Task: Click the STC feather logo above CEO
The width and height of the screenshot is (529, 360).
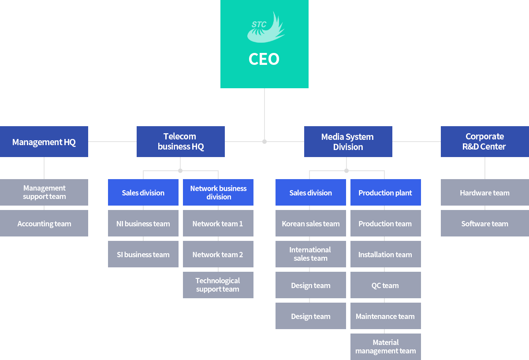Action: click(266, 27)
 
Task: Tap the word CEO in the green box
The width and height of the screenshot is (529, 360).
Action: click(264, 59)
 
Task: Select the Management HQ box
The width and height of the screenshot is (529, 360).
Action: click(44, 142)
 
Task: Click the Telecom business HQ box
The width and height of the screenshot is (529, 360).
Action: click(181, 142)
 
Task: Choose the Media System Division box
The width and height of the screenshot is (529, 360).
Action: click(348, 142)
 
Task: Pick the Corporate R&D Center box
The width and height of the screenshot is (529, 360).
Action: click(485, 142)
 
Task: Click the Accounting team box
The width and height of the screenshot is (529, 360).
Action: click(44, 223)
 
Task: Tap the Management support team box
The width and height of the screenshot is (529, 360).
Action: click(44, 192)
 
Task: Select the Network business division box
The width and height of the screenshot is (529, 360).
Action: click(218, 192)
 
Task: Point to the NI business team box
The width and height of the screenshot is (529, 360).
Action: click(143, 223)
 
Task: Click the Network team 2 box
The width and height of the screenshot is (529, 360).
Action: click(218, 254)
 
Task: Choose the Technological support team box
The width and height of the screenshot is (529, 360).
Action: click(218, 285)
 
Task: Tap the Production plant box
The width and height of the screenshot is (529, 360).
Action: click(386, 192)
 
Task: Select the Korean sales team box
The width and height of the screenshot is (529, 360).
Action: click(311, 223)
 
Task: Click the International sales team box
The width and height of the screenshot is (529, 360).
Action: click(311, 254)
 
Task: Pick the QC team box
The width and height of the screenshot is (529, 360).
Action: click(386, 285)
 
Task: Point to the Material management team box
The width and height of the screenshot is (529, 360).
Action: click(386, 347)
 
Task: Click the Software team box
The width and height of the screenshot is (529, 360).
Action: click(485, 223)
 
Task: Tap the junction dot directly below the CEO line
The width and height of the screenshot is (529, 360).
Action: click(264, 142)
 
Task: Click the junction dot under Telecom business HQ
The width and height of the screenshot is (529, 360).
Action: click(180, 171)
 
